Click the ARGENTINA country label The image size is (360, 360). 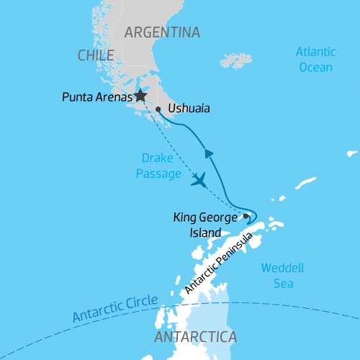coord(162,32)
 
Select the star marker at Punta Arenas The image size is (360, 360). coord(140,95)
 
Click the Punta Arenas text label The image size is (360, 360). coord(96,96)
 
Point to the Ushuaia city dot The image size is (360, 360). coord(158,110)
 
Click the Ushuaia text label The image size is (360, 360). coord(189,110)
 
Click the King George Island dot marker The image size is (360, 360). coord(246,215)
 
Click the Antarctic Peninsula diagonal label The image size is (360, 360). coord(219,263)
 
